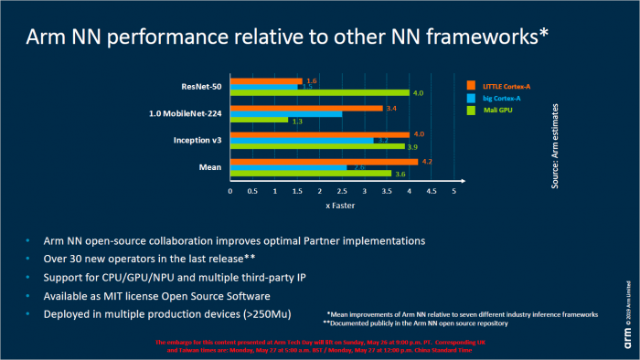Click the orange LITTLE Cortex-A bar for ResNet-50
click(266, 81)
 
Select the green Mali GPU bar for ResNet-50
click(319, 92)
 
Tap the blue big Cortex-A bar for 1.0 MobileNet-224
click(286, 114)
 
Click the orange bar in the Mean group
click(324, 162)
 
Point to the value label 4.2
click(426, 162)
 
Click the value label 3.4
click(390, 109)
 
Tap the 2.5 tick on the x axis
click(342, 191)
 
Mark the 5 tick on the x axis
click(453, 191)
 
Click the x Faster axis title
click(341, 206)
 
